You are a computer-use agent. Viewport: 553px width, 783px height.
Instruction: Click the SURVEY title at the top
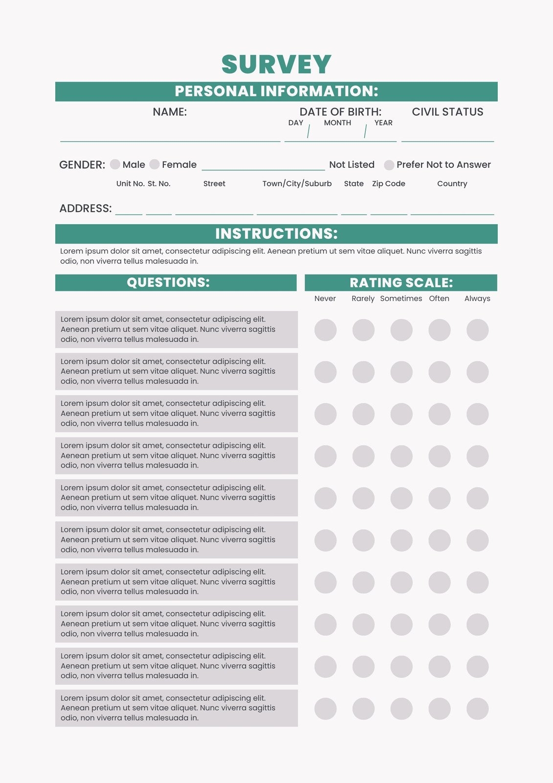276,64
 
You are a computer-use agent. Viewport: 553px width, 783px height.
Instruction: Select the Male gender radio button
115,164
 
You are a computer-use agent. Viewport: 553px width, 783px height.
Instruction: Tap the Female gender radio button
155,164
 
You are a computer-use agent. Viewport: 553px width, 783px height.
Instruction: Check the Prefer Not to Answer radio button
389,165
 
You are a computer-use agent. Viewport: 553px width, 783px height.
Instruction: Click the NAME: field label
170,112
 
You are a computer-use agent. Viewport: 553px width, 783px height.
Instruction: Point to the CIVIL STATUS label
447,112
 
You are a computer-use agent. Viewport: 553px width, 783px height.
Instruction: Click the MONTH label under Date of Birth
337,123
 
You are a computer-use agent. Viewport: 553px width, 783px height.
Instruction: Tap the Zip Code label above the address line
389,184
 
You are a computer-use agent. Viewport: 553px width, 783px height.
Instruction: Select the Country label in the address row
452,184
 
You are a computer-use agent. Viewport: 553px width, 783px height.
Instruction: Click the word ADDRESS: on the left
86,208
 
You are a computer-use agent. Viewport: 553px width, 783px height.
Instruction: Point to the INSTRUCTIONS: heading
276,234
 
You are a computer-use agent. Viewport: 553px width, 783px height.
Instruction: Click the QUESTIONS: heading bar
168,282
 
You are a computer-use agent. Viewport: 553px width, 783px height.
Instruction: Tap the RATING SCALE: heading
401,283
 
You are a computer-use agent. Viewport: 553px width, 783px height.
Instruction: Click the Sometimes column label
401,299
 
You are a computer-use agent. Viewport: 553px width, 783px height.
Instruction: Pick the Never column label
325,299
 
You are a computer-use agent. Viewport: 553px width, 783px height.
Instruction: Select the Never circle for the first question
325,330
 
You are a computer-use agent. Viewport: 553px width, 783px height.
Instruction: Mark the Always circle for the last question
477,709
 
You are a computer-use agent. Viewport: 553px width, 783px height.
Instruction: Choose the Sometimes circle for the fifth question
401,498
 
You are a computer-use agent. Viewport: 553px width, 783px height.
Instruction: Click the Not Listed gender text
352,165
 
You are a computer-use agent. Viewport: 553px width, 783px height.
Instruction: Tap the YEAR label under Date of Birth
383,123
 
